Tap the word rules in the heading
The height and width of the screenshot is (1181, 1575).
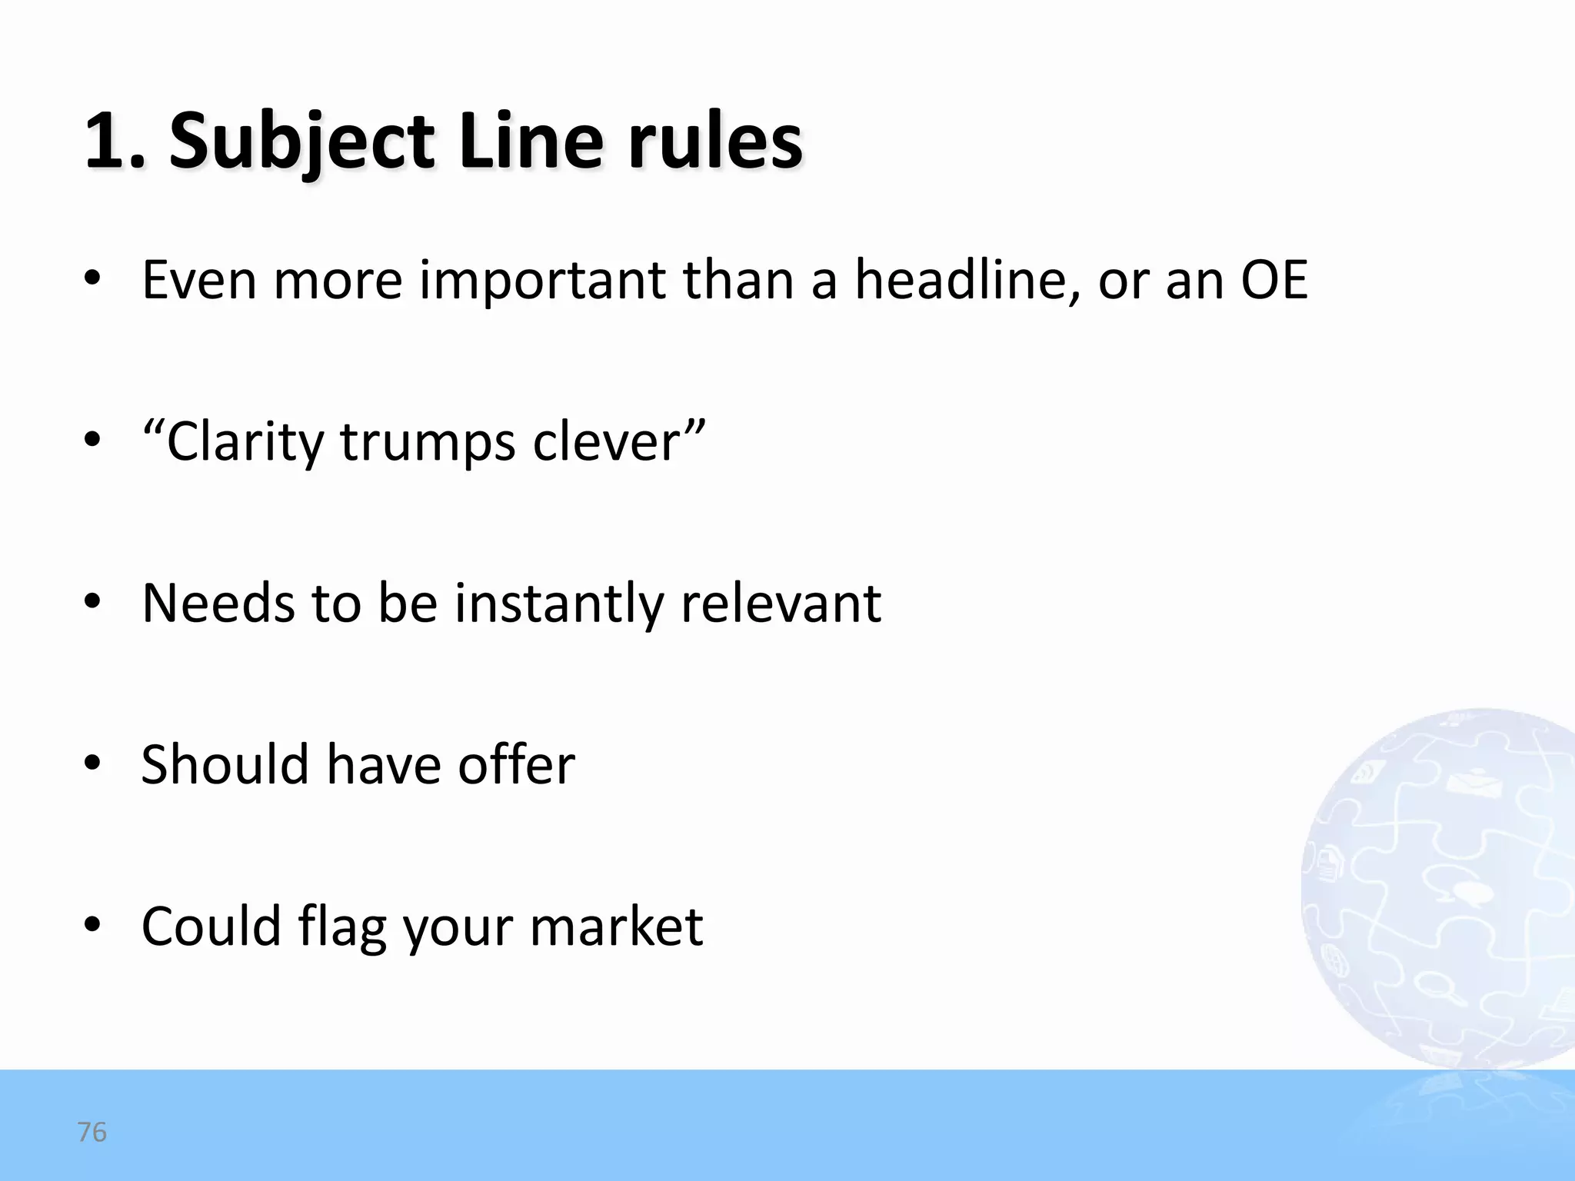pyautogui.click(x=715, y=142)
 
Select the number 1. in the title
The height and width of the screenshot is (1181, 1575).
pyautogui.click(x=115, y=142)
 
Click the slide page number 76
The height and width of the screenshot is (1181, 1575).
pyautogui.click(x=92, y=1132)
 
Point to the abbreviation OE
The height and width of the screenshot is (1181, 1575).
pyautogui.click(x=1274, y=279)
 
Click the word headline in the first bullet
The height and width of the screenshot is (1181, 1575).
pyautogui.click(x=962, y=279)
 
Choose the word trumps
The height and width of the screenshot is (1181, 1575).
pyautogui.click(x=428, y=442)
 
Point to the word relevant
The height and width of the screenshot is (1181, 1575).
pyautogui.click(x=781, y=604)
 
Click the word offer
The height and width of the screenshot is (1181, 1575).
pyautogui.click(x=516, y=765)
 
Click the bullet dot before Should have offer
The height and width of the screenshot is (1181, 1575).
pyautogui.click(x=92, y=763)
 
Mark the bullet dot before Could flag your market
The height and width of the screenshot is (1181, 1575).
pyautogui.click(x=92, y=925)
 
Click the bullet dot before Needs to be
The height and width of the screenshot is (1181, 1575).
pyautogui.click(x=92, y=602)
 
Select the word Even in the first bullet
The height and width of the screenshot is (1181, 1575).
pyautogui.click(x=199, y=279)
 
